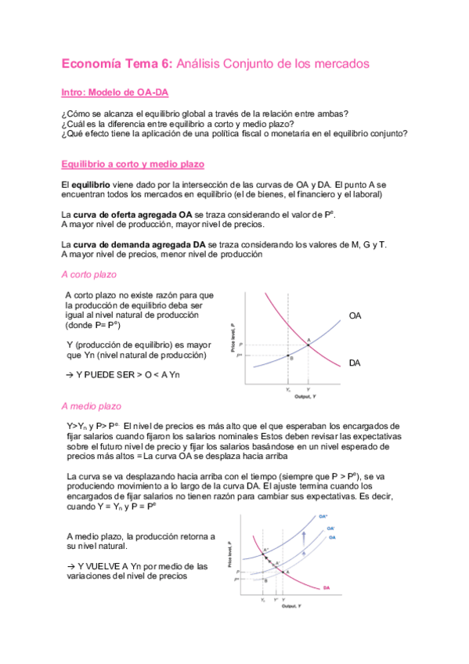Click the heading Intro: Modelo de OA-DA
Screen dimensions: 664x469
pos(114,92)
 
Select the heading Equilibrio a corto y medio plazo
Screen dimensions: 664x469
pos(132,164)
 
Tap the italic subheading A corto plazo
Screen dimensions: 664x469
pos(88,275)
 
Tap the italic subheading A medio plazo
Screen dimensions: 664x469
pos(90,406)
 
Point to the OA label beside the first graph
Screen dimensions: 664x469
pos(355,315)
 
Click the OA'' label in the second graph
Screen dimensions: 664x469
pos(323,518)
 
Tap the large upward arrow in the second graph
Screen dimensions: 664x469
pos(303,540)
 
